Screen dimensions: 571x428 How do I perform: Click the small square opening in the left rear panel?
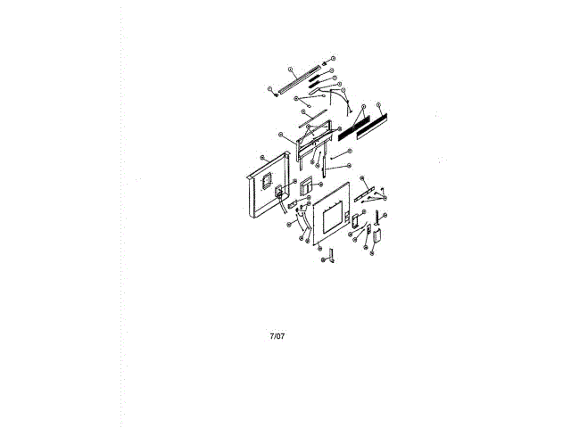click(265, 178)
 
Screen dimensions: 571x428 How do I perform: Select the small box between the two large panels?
click(306, 185)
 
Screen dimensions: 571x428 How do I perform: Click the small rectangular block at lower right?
click(376, 236)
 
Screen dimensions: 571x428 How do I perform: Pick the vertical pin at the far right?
click(378, 217)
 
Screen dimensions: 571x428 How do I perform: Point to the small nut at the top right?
click(325, 63)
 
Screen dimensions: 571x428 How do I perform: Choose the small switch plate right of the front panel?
click(355, 219)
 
